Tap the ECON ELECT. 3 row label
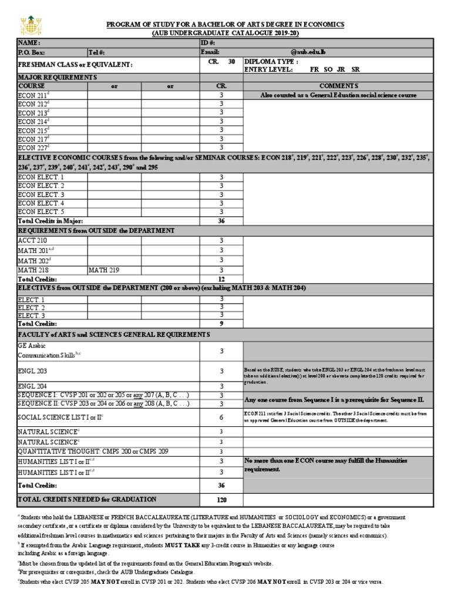41,195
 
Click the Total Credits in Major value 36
221,221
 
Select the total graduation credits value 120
221,500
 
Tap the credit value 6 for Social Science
221,417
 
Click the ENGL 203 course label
33,372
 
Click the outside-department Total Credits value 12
221,279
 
